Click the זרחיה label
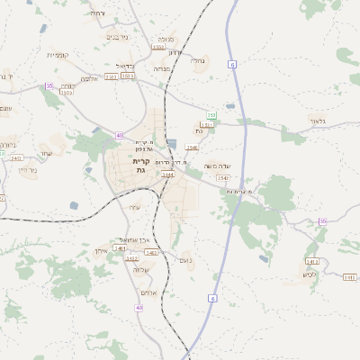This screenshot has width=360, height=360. click(x=97, y=13)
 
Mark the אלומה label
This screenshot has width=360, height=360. click(x=88, y=78)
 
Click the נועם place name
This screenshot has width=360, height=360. click(x=185, y=260)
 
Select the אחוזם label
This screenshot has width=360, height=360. click(x=148, y=292)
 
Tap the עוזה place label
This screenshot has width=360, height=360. click(x=135, y=208)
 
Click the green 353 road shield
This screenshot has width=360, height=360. click(x=211, y=115)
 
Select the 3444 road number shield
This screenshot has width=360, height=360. click(x=167, y=174)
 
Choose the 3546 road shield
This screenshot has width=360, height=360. click(x=191, y=147)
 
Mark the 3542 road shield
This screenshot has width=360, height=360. click(x=222, y=178)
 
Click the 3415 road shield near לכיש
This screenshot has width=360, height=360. click(x=349, y=277)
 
